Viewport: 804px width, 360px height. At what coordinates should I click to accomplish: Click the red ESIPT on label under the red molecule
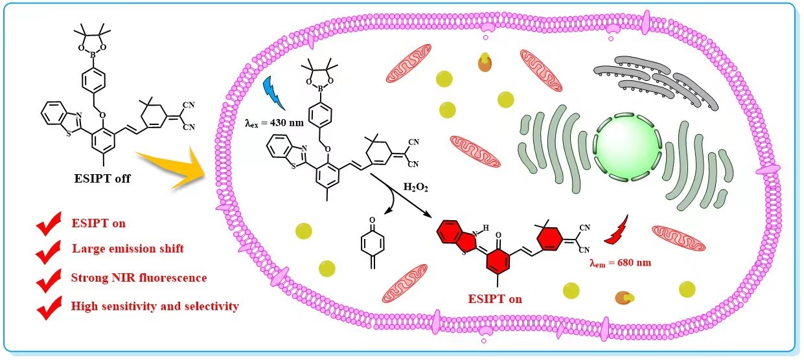click(x=496, y=298)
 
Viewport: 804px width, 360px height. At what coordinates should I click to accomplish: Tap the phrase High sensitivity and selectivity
click(x=155, y=306)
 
